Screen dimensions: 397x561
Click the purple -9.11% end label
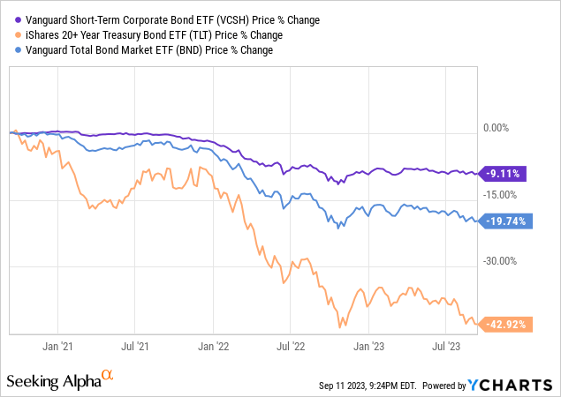pyautogui.click(x=504, y=174)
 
